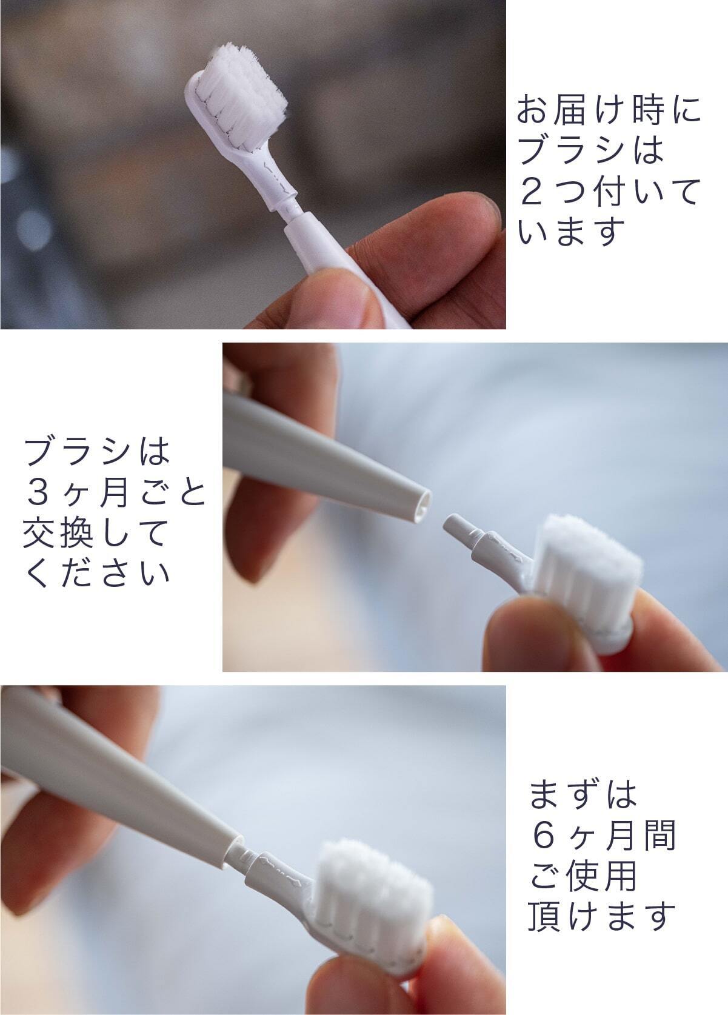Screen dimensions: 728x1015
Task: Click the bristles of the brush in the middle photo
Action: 589,562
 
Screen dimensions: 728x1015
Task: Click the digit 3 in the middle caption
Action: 38,494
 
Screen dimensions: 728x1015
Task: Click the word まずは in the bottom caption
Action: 584,794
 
